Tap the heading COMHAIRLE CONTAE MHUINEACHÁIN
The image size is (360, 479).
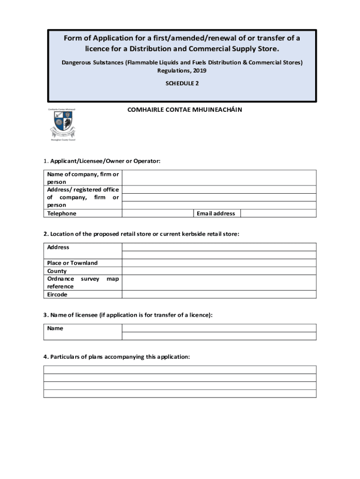pos(185,110)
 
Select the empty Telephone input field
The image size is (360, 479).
pos(158,213)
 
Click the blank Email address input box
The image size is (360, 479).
pos(278,213)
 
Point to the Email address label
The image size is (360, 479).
pos(216,213)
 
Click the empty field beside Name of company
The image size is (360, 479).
pos(219,178)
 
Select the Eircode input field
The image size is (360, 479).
pos(219,295)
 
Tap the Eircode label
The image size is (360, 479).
pos(57,295)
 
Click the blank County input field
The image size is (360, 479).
pos(219,271)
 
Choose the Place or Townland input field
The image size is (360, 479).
pos(219,263)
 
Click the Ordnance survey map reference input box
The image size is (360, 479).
pos(219,283)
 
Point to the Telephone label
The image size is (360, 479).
pos(62,213)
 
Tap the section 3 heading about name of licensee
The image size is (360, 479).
pos(128,315)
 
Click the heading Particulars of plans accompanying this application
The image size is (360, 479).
pos(117,356)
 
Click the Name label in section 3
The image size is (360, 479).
pos(55,328)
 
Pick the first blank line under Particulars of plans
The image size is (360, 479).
pos(180,370)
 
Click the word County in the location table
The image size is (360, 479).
pos(57,271)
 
